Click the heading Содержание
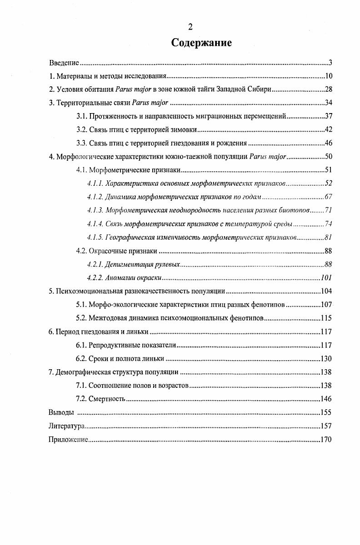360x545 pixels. (201, 43)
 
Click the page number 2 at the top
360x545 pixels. (190, 27)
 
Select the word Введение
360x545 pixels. (64, 63)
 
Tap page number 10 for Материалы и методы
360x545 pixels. (330, 76)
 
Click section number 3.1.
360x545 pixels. (81, 116)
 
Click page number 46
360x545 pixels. (330, 144)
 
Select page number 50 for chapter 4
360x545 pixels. (330, 157)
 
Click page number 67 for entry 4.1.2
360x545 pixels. (330, 197)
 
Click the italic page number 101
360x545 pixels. (326, 277)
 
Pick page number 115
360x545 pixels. (326, 318)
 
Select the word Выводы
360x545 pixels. (60, 412)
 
